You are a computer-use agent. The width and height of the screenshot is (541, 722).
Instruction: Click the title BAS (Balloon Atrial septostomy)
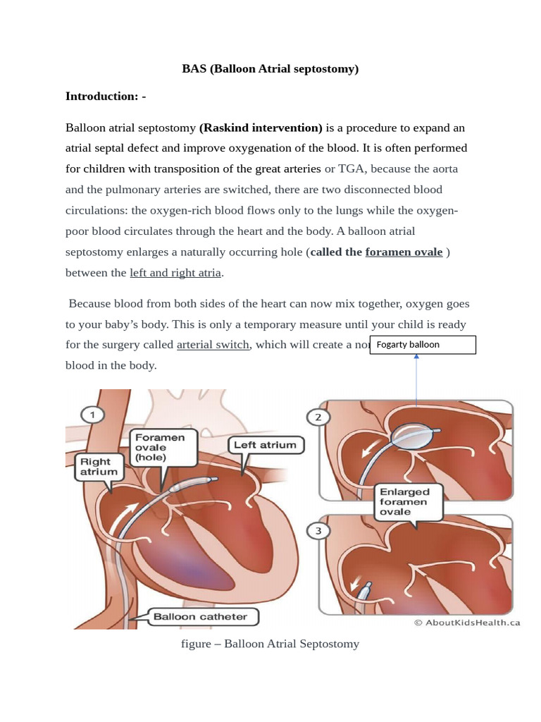[270, 68]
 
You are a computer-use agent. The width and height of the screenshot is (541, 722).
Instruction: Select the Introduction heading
[106, 96]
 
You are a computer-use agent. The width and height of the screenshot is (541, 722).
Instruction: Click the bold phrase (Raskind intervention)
[261, 128]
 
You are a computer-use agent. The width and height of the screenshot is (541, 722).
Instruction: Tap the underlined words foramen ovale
[404, 252]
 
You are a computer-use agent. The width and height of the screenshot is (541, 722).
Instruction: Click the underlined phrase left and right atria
[175, 272]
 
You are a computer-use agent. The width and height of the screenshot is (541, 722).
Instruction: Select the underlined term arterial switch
[213, 344]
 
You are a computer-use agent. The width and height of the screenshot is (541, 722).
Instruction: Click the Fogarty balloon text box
[423, 345]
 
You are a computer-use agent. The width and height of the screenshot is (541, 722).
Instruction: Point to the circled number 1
[92, 415]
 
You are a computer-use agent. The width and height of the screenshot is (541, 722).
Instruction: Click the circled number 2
[318, 417]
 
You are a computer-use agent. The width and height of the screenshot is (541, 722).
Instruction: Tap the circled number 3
[318, 530]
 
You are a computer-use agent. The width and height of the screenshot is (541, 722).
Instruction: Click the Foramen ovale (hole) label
[160, 447]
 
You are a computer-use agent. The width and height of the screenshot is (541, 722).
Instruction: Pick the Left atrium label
[266, 445]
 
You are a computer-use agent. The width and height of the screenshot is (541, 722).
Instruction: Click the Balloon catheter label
[201, 617]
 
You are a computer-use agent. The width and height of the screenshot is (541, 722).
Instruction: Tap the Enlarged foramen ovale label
[404, 501]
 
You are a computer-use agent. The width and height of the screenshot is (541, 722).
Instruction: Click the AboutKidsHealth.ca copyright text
[466, 623]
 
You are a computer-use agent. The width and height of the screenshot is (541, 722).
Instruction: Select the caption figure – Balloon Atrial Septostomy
[270, 644]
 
